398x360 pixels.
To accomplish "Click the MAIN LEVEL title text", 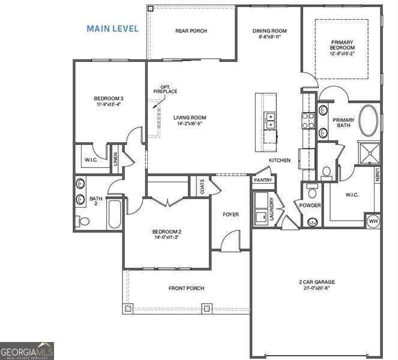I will (x=112, y=28).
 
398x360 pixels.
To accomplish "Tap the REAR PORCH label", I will (x=191, y=31).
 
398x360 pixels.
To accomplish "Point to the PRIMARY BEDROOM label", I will (x=341, y=46).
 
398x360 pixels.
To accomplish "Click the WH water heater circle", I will (x=373, y=221).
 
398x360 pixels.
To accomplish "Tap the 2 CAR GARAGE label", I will (x=316, y=281).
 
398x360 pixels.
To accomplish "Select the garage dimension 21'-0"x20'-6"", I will (x=316, y=288).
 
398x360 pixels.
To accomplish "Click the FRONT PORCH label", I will (x=186, y=289).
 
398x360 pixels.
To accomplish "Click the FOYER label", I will (x=231, y=214).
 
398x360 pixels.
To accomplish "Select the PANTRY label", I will (x=262, y=180).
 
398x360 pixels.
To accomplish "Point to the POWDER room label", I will (x=310, y=205).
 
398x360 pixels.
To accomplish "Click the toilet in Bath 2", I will (x=84, y=221).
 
